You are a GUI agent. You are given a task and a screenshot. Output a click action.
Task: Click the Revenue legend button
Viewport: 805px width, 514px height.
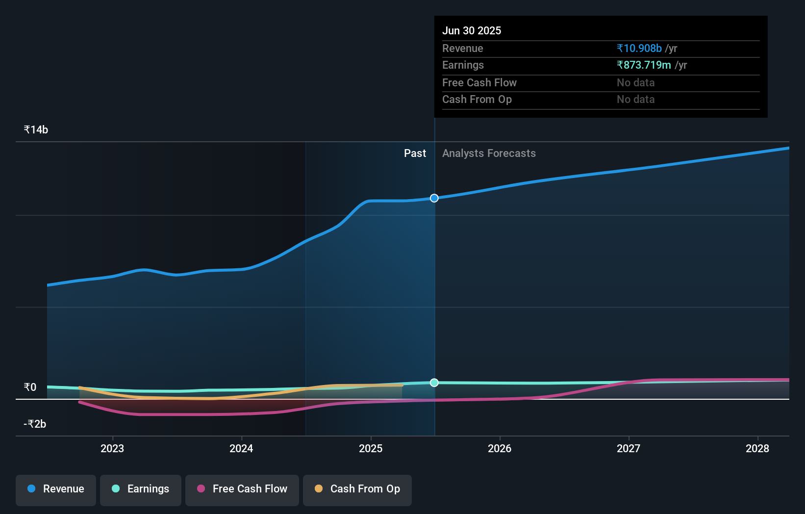point(56,489)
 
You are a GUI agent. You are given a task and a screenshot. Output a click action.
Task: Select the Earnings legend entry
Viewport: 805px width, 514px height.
point(141,489)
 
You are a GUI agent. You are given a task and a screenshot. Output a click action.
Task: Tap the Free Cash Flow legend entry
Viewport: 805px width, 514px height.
point(242,489)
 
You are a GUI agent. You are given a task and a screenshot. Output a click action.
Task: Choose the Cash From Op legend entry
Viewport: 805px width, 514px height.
point(357,489)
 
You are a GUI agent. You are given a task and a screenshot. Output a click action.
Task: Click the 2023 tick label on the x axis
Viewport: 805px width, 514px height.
point(112,448)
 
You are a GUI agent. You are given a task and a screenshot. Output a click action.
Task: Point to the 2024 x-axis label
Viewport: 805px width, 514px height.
point(241,448)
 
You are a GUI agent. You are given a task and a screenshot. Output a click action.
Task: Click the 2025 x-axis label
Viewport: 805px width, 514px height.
point(371,448)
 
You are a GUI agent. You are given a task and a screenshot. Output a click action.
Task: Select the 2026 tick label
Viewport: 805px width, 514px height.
point(500,448)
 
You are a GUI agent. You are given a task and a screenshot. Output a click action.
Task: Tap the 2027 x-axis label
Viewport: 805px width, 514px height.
point(629,448)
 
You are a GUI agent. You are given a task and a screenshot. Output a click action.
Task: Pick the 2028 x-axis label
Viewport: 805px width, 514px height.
point(757,448)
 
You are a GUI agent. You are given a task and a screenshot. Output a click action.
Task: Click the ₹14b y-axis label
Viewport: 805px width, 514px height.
point(36,130)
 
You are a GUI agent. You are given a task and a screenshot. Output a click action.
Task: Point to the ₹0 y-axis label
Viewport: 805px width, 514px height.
point(30,387)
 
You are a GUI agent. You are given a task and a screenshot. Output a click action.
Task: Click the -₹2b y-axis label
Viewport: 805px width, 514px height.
point(35,424)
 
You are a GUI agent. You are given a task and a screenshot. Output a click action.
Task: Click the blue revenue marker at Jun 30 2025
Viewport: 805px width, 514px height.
point(434,198)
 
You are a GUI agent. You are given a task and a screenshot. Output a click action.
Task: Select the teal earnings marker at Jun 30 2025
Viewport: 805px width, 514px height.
point(434,383)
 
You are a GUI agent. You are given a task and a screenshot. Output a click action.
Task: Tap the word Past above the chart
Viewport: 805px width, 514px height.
point(415,154)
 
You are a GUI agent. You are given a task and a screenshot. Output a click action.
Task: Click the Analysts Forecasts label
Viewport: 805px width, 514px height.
point(489,154)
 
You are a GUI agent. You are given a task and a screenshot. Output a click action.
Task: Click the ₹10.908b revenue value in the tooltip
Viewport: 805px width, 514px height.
point(639,49)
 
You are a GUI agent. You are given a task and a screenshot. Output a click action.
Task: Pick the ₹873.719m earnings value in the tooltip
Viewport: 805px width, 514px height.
point(644,65)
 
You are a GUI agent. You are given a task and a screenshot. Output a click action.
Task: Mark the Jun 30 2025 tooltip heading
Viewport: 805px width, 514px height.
point(472,31)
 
